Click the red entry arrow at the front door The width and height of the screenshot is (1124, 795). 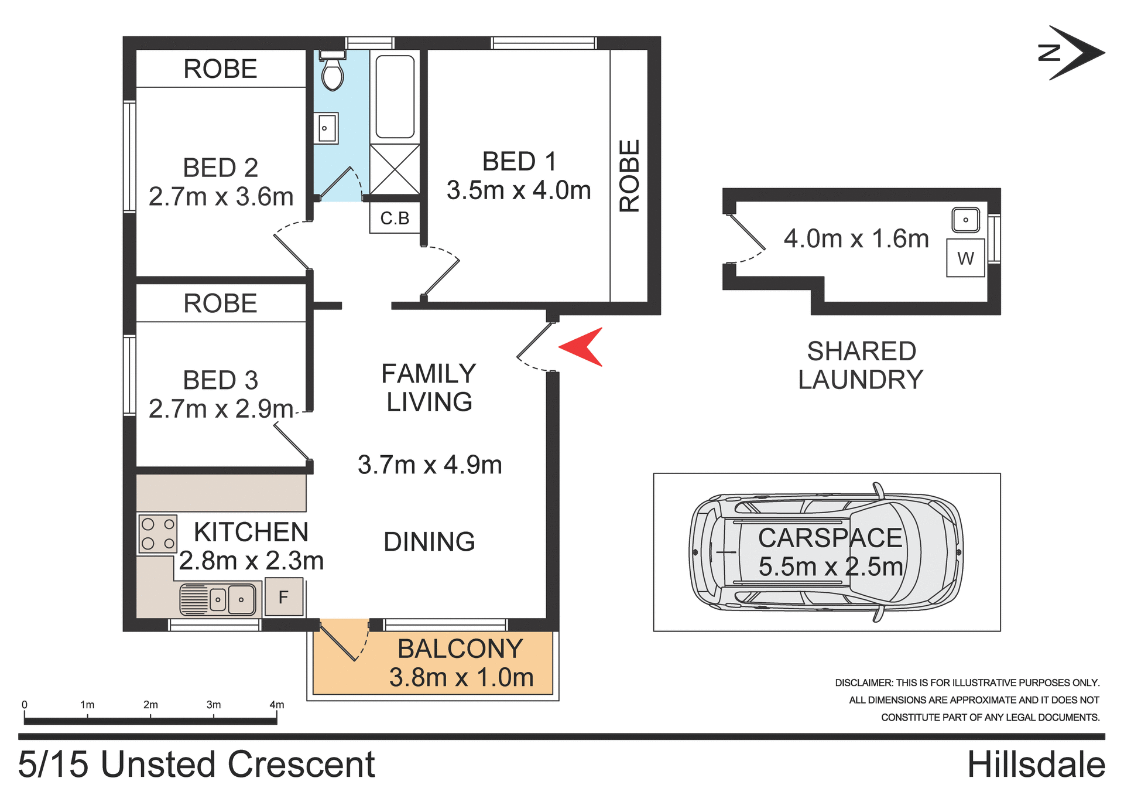(583, 347)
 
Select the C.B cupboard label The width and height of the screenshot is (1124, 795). (395, 219)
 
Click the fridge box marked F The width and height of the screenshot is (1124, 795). (284, 597)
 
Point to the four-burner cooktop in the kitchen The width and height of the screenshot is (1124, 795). (157, 534)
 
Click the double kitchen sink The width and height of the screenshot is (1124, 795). (220, 599)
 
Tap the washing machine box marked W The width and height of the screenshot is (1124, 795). (965, 258)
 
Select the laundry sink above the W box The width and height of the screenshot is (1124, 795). (965, 220)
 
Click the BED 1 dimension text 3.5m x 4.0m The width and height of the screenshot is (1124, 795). (519, 190)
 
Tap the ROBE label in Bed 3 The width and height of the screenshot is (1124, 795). (220, 303)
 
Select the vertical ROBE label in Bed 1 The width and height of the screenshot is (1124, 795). (629, 176)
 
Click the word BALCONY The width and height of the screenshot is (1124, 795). (460, 649)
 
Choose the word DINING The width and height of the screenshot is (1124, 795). (429, 542)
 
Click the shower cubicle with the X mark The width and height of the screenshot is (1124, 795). (395, 169)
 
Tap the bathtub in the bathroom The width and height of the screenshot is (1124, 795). (395, 97)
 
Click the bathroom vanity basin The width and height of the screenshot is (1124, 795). (327, 128)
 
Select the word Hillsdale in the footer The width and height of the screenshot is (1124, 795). (1036, 765)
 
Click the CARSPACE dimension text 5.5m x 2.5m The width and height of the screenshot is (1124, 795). (830, 567)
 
